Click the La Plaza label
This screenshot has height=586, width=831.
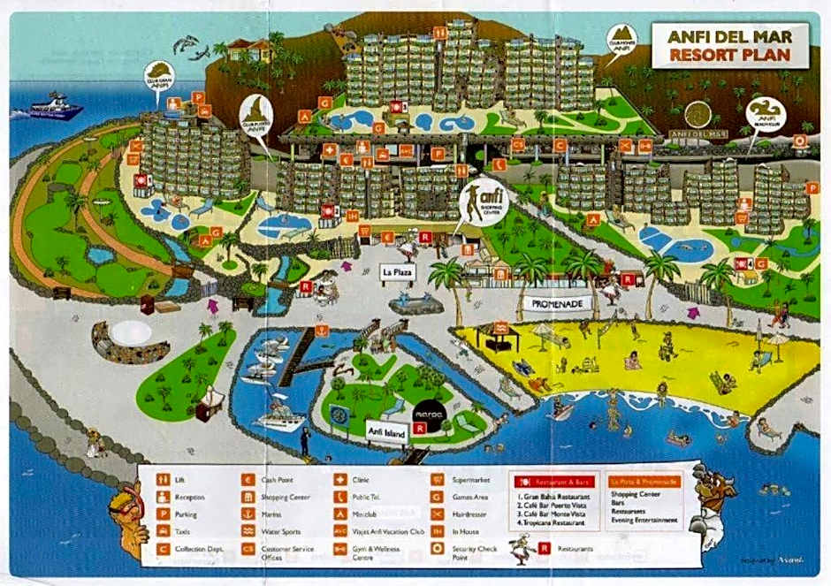[397, 272]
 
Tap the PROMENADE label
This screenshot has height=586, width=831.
[557, 302]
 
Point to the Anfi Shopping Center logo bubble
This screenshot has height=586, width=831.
[480, 201]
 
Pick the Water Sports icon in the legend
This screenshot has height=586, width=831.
[248, 531]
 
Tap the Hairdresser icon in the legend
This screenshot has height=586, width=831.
[436, 514]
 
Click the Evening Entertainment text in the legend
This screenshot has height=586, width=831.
[644, 521]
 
